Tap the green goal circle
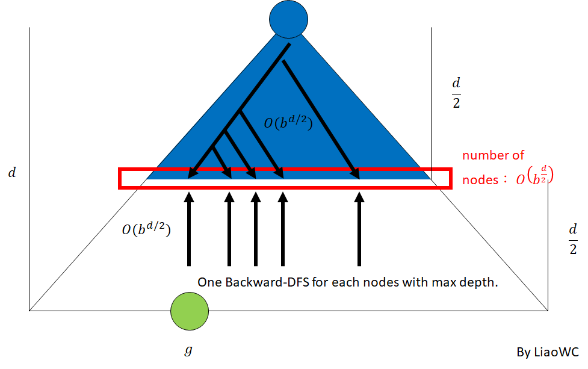tap(189, 311)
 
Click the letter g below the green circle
tap(188, 349)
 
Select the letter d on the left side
tap(13, 174)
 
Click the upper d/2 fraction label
tap(456, 91)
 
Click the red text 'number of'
tap(493, 155)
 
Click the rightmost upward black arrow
tap(359, 229)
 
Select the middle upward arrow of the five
tap(255, 229)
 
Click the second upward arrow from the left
tap(229, 229)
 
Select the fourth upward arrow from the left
tap(282, 229)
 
